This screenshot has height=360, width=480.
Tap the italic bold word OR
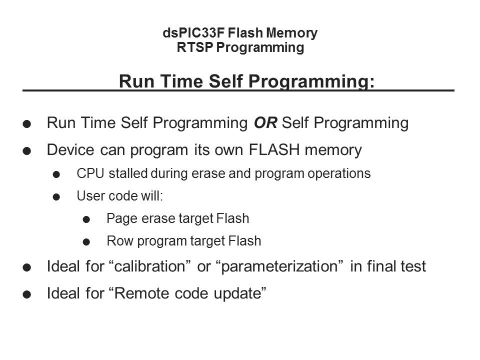point(265,123)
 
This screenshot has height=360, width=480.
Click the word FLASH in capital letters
point(274,149)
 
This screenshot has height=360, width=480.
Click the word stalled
point(128,173)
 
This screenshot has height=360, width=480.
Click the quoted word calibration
point(149,266)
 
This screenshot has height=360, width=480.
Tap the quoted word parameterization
point(279,266)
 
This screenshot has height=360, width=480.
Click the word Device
point(70,149)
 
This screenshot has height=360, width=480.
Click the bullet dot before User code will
point(56,197)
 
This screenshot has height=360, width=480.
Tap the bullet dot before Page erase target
point(86,219)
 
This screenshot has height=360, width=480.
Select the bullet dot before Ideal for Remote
point(27,294)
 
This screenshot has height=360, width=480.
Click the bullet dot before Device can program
point(27,151)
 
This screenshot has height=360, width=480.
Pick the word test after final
point(413,266)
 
